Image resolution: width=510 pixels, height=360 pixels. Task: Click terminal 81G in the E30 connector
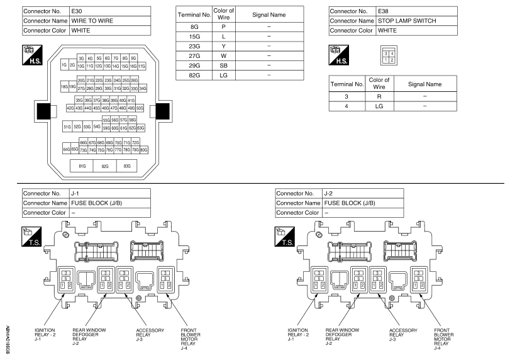[x=82, y=167]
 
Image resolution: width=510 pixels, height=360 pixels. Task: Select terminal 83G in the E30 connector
[x=127, y=167]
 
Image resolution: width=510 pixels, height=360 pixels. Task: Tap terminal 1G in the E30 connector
[x=64, y=65]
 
